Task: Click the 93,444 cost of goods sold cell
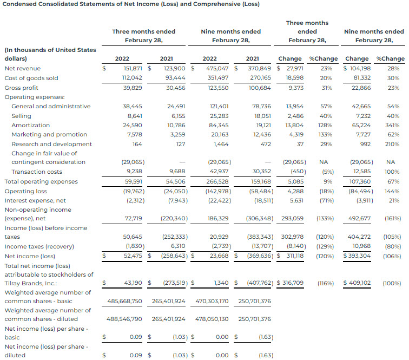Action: pos(176,78)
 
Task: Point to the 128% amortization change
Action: pos(326,125)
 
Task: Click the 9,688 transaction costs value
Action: pos(176,172)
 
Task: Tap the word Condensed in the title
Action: pos(20,4)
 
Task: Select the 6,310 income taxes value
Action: pos(178,247)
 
